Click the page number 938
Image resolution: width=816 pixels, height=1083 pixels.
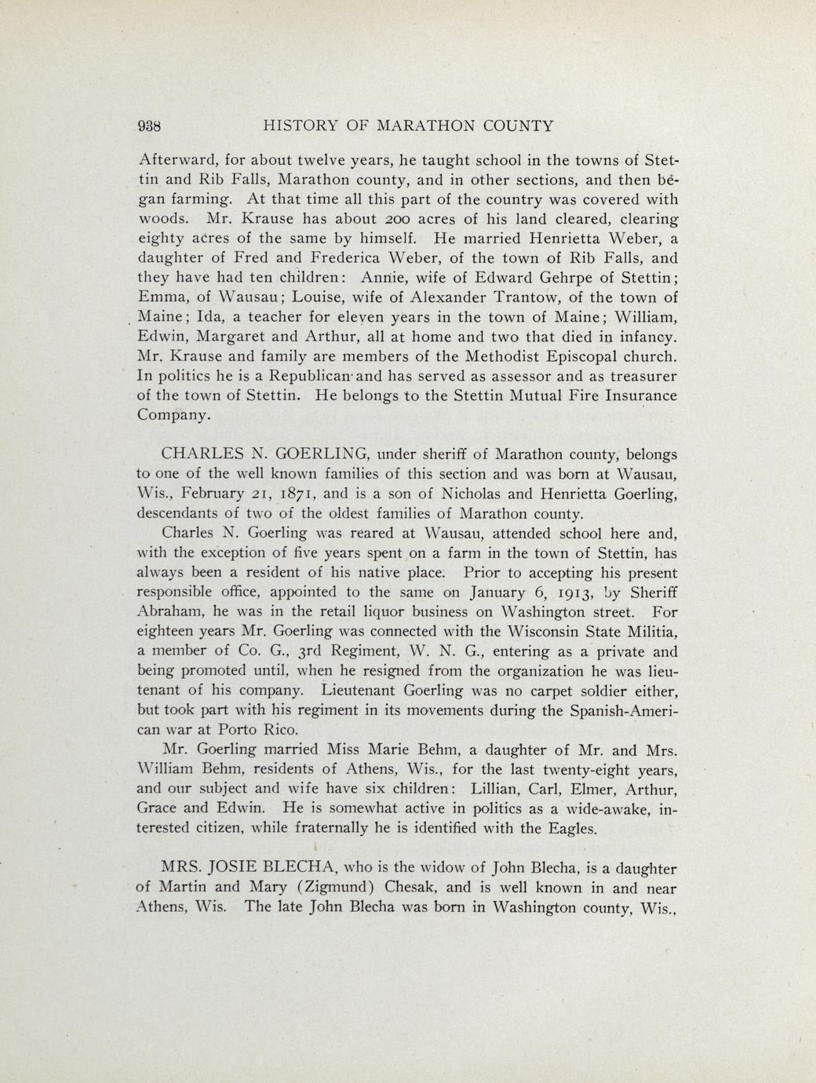pyautogui.click(x=148, y=126)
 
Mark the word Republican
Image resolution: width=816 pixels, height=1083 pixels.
pyautogui.click(x=258, y=376)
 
